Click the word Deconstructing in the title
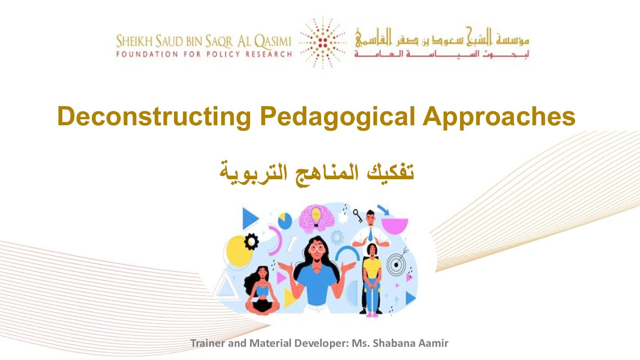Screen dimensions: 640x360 coord(154,116)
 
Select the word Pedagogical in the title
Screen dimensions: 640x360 coord(337,116)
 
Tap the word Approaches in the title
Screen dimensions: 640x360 coord(499,116)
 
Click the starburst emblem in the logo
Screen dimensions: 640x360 coord(323,43)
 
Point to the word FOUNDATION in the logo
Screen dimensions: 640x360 coord(147,54)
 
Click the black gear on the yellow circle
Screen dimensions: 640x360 coord(252,242)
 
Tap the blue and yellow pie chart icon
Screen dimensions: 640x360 coord(285,221)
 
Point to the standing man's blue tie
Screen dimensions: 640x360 coord(370,234)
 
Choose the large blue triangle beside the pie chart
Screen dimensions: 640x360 coord(250,219)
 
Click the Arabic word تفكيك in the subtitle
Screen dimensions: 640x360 coord(390,172)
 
